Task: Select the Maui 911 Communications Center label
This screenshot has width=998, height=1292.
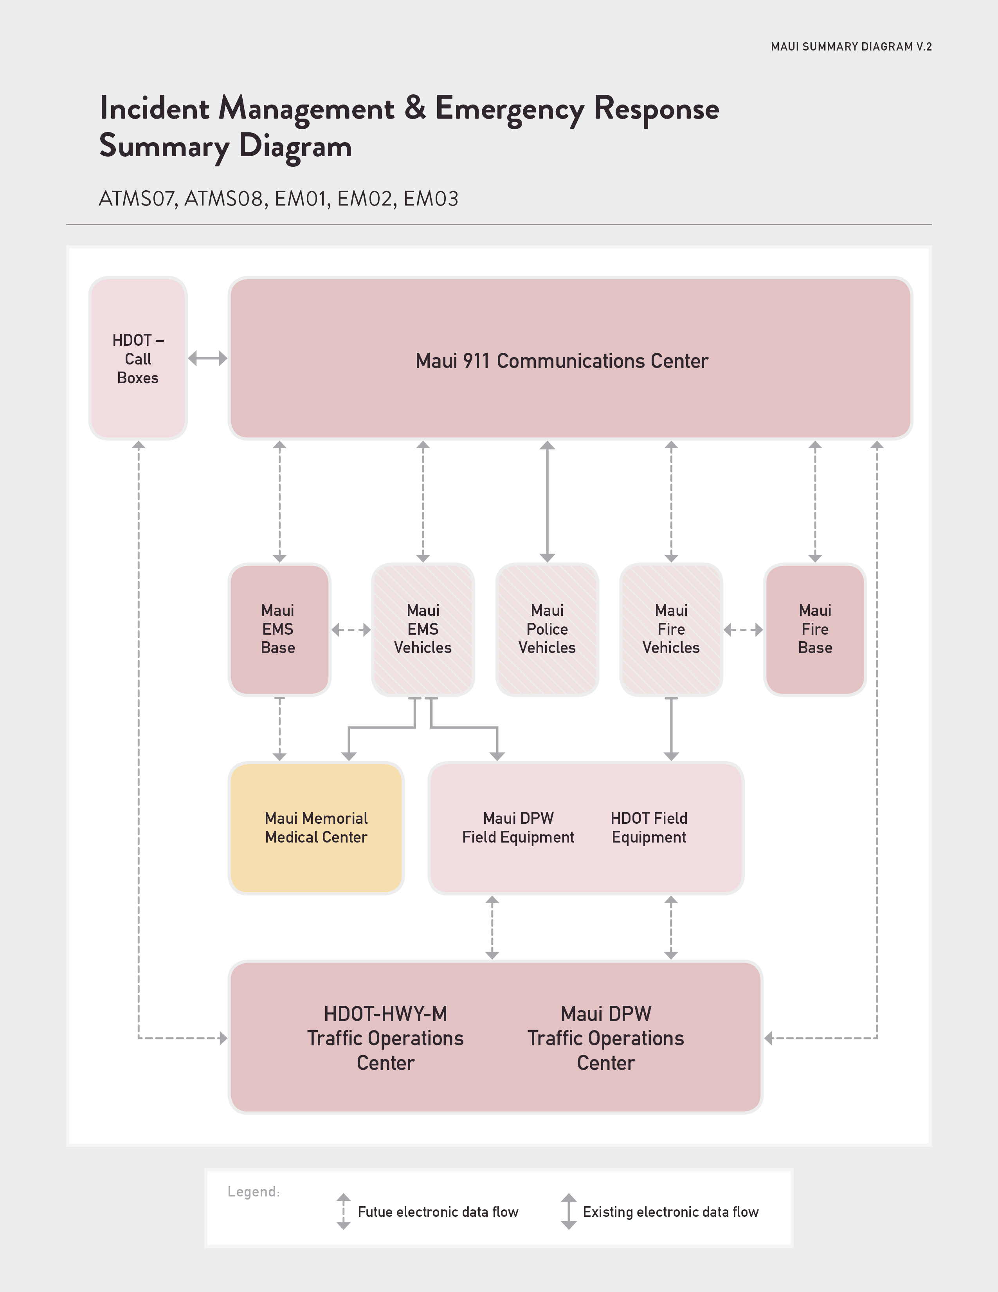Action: tap(562, 361)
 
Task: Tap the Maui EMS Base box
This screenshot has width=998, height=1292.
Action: tap(279, 630)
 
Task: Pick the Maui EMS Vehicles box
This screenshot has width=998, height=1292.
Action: tap(423, 630)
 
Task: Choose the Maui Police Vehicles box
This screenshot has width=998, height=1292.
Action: tap(547, 630)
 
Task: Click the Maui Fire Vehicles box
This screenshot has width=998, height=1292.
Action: tap(671, 630)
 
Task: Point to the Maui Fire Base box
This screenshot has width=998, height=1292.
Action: tap(815, 630)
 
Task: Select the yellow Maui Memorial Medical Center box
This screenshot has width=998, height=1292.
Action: tap(316, 828)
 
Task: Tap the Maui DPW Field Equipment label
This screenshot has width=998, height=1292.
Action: tap(518, 828)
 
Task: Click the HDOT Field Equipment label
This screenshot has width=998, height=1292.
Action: tap(649, 828)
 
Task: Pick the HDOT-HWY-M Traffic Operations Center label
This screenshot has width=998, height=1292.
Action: tap(386, 1038)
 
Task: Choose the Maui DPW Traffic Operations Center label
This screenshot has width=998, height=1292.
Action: tap(606, 1038)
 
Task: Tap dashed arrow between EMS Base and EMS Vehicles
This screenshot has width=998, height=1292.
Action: tap(351, 630)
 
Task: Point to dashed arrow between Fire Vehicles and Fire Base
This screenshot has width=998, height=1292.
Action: tap(743, 630)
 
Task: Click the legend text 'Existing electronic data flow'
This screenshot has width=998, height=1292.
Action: tap(670, 1212)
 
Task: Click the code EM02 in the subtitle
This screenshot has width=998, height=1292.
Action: tap(365, 199)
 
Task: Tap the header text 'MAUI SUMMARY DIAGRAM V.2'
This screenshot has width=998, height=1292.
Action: tap(851, 47)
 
